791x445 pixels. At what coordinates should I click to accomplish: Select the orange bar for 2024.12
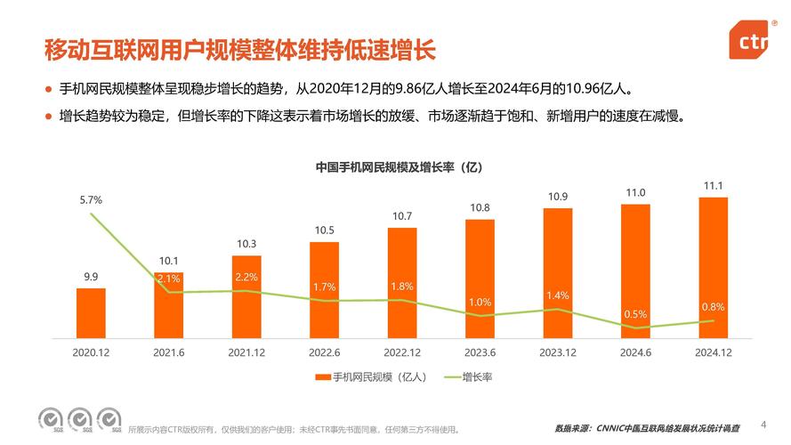coord(714,267)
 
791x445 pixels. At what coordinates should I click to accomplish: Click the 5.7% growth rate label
coord(91,200)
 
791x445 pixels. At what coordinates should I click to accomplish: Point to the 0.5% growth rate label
coord(635,314)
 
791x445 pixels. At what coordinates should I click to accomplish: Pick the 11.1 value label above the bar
coord(714,185)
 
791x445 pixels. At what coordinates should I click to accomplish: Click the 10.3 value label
coord(246,244)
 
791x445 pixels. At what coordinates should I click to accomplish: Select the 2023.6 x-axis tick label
coord(480,352)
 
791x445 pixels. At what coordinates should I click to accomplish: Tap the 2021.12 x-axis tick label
coord(246,352)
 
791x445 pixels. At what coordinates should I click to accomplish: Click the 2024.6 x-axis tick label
coord(635,352)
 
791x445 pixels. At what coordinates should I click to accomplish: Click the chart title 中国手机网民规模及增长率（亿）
coord(399,167)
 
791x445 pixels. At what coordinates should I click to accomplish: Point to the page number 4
coord(763,423)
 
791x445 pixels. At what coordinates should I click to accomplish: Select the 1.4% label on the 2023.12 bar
coord(558,295)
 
